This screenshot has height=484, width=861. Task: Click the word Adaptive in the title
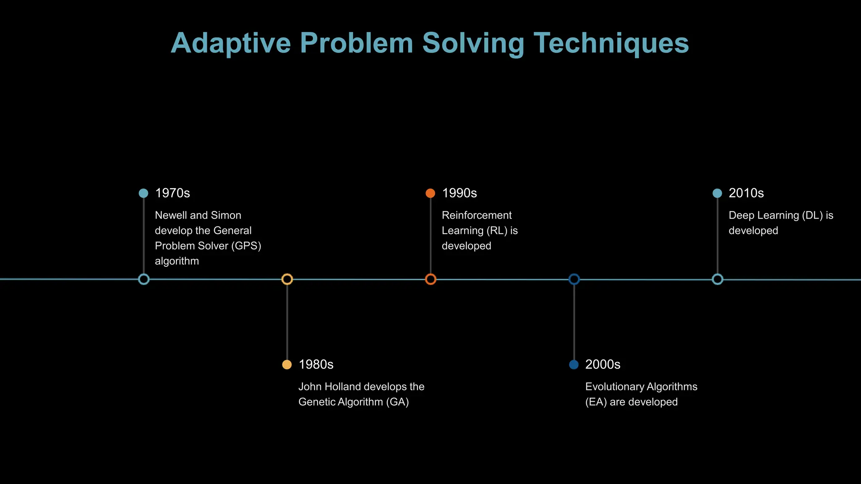230,43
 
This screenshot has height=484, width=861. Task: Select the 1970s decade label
172,193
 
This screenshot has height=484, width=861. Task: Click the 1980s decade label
316,365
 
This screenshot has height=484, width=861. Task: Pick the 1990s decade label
459,193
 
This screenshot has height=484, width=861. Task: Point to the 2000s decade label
602,365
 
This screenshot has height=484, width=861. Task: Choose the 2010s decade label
746,193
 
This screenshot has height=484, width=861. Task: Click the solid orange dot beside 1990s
430,193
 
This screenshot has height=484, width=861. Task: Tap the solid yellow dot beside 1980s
287,365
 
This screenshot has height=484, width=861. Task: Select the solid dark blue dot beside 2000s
573,365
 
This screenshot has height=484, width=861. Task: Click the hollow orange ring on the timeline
430,279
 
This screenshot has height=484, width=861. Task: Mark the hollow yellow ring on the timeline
287,279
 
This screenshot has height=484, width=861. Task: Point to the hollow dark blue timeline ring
574,279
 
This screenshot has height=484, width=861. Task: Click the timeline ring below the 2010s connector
717,279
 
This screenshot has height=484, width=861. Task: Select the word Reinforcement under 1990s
476,216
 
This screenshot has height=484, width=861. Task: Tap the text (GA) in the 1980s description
397,402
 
